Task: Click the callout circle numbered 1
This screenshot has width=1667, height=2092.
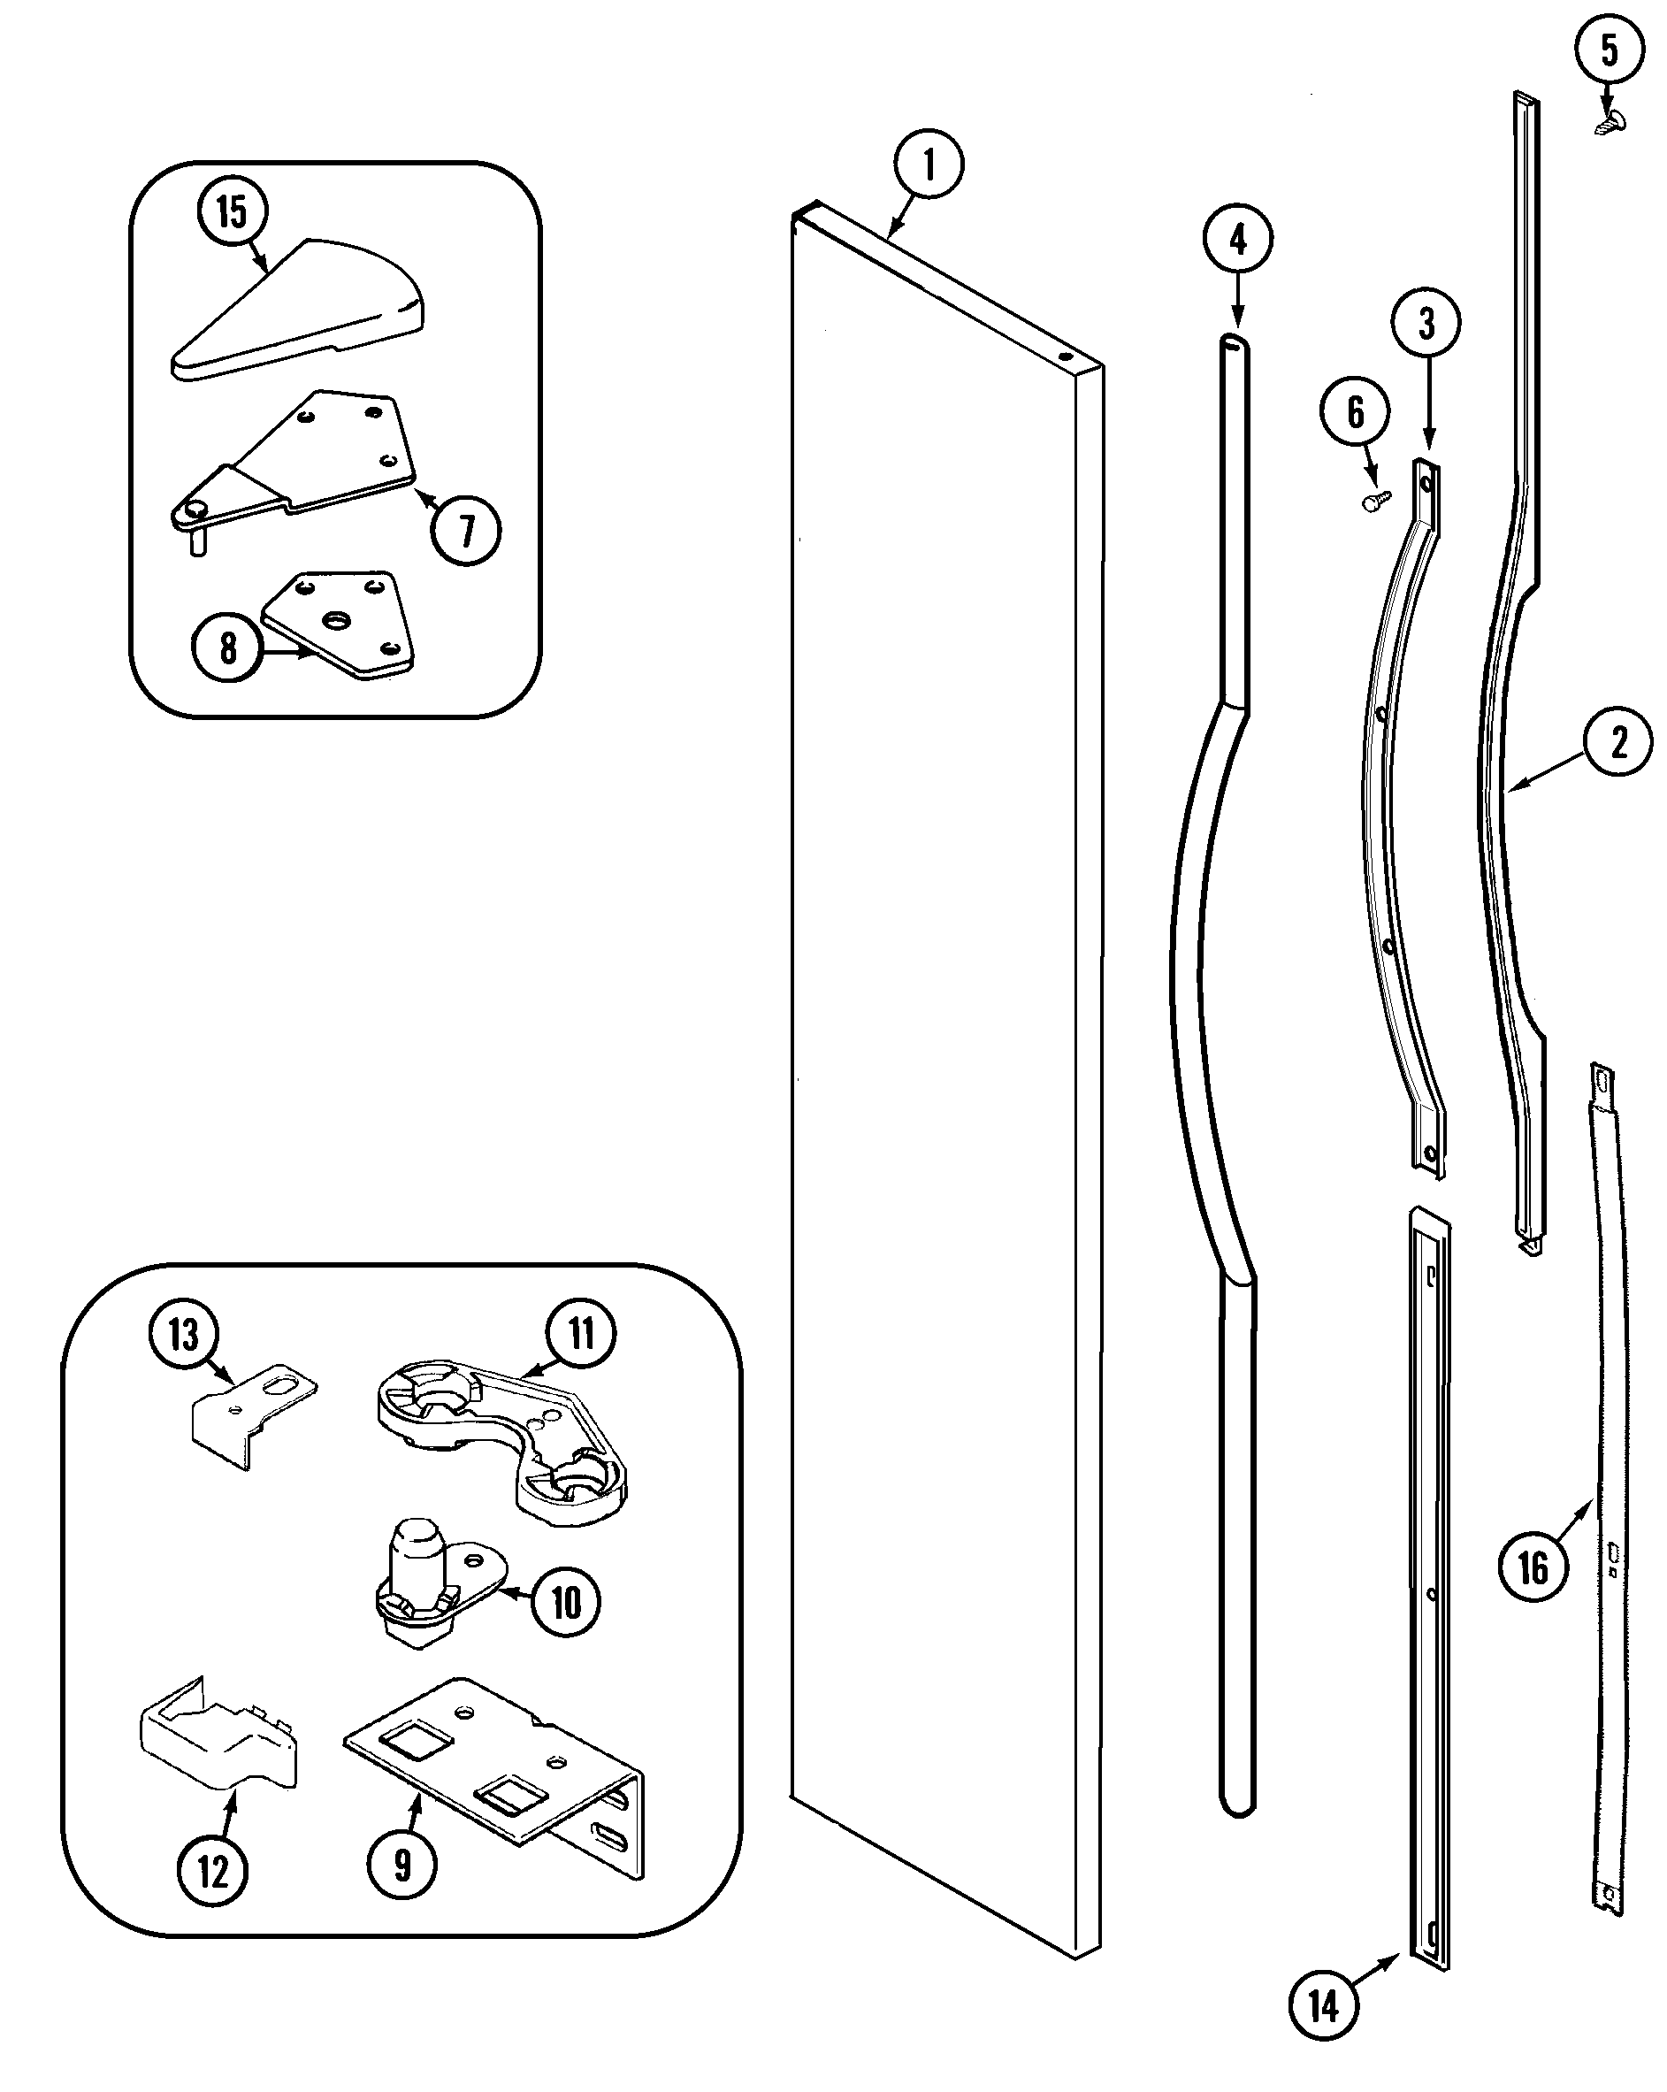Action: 929,164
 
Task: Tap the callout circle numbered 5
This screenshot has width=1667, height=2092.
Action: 1609,50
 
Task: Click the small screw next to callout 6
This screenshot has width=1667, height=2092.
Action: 1375,501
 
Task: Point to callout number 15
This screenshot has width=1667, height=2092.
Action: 233,211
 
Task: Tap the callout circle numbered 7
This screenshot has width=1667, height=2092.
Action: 467,531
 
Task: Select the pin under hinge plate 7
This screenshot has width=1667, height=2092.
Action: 198,541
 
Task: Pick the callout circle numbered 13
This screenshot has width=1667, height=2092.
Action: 183,1334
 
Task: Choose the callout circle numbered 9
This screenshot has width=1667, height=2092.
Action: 401,1865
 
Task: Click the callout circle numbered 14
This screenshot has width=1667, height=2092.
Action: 1324,2004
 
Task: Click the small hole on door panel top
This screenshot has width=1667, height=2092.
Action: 1066,356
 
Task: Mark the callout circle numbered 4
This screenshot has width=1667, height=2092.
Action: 1238,239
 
